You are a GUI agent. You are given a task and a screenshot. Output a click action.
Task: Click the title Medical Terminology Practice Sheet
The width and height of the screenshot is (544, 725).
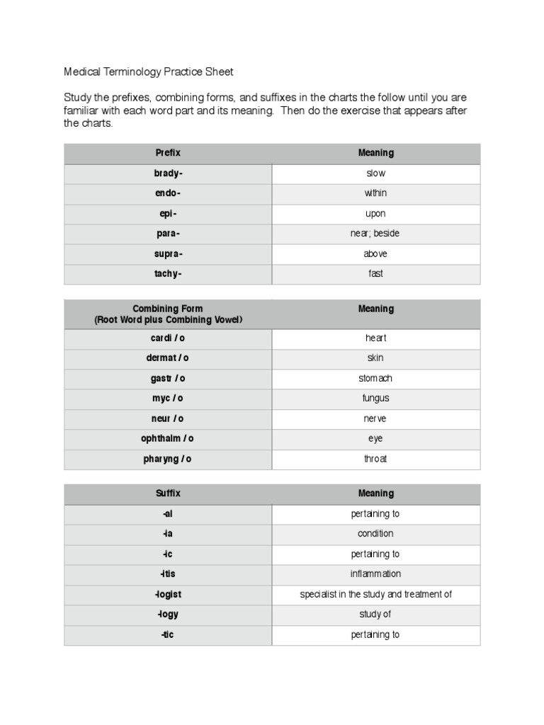148,72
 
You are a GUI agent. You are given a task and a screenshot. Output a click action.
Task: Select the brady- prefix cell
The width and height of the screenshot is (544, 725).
168,173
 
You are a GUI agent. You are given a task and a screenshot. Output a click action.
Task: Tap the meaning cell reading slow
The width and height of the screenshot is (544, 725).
375,173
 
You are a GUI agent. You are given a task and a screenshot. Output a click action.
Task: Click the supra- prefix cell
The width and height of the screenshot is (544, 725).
168,253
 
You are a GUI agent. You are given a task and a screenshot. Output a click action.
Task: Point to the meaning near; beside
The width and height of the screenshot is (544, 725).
375,234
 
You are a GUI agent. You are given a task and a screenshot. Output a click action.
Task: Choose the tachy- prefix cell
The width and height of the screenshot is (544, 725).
168,274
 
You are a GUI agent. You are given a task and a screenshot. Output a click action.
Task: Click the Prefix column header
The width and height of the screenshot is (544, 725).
168,153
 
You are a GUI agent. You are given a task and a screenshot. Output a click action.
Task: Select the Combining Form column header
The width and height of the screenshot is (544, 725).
168,314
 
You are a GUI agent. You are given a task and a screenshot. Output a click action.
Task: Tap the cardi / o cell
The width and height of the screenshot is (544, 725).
168,338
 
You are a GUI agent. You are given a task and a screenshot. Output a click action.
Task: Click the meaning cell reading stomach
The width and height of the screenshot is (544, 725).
375,378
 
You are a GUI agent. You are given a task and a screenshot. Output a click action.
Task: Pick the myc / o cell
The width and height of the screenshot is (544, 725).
168,399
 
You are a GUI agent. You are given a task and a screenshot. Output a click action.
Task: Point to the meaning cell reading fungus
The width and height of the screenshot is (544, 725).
375,399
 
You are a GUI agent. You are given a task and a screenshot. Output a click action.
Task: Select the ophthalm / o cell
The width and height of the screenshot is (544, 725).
168,439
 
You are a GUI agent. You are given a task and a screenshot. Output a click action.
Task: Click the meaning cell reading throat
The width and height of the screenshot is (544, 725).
375,459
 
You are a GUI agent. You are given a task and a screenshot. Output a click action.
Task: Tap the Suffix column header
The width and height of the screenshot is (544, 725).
168,493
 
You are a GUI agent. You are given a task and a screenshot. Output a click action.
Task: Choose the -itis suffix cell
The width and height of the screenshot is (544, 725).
168,574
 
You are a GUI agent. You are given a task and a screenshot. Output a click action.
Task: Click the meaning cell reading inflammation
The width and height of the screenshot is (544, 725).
375,574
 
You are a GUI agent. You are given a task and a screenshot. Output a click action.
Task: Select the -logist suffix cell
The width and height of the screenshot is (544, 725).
168,595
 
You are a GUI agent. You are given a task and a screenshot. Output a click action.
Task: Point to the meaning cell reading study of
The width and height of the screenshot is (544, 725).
375,615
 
